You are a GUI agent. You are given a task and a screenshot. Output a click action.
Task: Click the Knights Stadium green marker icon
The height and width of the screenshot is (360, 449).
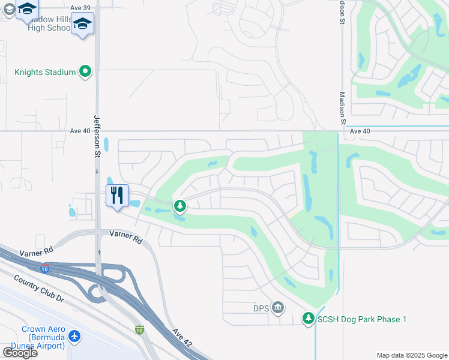click(x=85, y=72)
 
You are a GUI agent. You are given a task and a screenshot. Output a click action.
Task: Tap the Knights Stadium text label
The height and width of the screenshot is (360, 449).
click(x=45, y=73)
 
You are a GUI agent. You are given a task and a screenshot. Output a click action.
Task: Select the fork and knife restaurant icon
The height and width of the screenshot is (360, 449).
click(x=116, y=195)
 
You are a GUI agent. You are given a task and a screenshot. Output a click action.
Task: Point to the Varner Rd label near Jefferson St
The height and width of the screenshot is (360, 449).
click(x=125, y=236)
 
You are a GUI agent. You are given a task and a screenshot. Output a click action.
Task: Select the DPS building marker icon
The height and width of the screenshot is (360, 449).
click(x=277, y=308)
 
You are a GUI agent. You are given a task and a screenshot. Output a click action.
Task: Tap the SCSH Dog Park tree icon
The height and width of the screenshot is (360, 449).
click(x=309, y=318)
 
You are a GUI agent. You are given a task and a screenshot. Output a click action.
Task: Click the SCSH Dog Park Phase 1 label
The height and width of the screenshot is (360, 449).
click(x=362, y=319)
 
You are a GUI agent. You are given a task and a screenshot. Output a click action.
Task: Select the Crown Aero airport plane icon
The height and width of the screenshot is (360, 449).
click(x=74, y=336)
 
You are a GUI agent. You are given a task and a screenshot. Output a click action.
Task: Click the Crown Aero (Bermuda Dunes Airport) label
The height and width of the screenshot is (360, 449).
click(x=43, y=337)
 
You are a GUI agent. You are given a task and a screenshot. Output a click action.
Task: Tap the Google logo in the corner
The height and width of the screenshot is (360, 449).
click(x=19, y=352)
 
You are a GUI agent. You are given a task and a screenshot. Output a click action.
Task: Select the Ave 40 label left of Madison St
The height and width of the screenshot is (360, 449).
click(x=80, y=131)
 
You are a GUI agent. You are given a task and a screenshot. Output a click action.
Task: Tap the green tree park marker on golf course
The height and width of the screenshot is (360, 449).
click(x=179, y=206)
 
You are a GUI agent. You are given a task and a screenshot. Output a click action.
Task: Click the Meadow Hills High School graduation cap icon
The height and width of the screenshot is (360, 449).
click(x=82, y=25)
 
